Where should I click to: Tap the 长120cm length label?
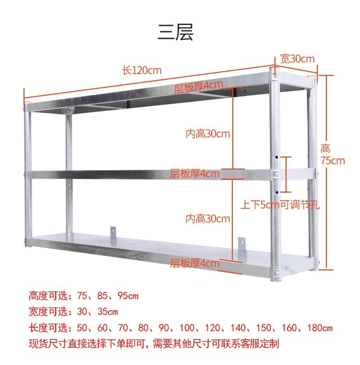(x=142, y=70)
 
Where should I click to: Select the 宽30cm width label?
(x=297, y=59)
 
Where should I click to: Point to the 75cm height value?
(x=333, y=161)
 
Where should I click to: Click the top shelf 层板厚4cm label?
(x=198, y=86)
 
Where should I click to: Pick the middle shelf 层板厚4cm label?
(x=194, y=173)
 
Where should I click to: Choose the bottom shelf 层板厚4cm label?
(x=195, y=263)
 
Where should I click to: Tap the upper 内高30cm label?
(x=208, y=134)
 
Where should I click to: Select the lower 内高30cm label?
(x=208, y=219)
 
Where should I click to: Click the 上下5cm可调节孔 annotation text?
(x=280, y=205)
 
